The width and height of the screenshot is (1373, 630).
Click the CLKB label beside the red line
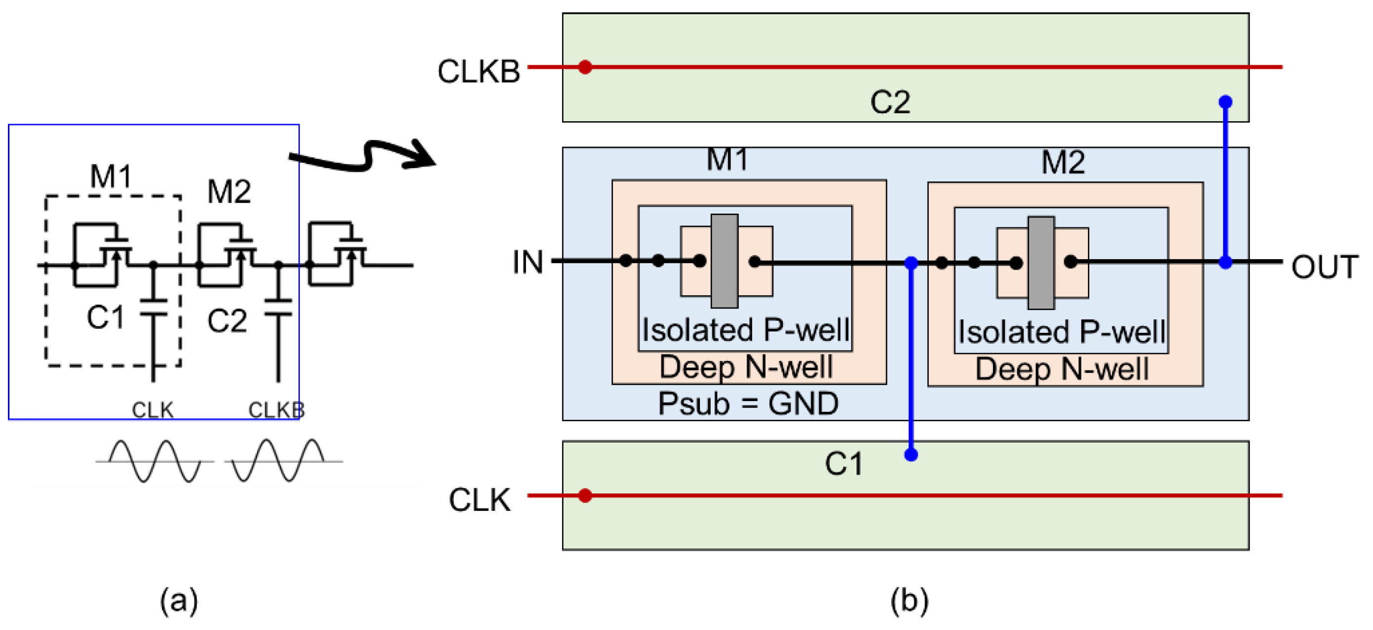478,71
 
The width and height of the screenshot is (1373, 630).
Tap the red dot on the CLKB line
585,67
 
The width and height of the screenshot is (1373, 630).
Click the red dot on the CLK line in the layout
585,495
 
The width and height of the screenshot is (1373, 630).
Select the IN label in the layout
527,263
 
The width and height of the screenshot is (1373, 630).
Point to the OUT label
1324,267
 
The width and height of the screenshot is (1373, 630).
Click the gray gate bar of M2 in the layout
1041,263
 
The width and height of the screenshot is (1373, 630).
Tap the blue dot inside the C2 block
1225,102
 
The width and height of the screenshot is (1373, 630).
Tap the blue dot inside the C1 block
911,455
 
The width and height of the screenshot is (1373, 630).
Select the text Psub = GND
748,404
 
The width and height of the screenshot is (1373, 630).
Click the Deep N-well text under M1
746,367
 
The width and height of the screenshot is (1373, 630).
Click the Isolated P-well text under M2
1062,332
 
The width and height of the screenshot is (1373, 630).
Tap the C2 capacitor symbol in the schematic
278,309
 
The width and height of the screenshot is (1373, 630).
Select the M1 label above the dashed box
110,176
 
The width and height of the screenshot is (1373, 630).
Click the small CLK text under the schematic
152,409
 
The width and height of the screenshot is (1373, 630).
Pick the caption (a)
179,600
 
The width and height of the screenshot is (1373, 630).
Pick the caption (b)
909,600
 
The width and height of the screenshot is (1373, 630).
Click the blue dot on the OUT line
1225,263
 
